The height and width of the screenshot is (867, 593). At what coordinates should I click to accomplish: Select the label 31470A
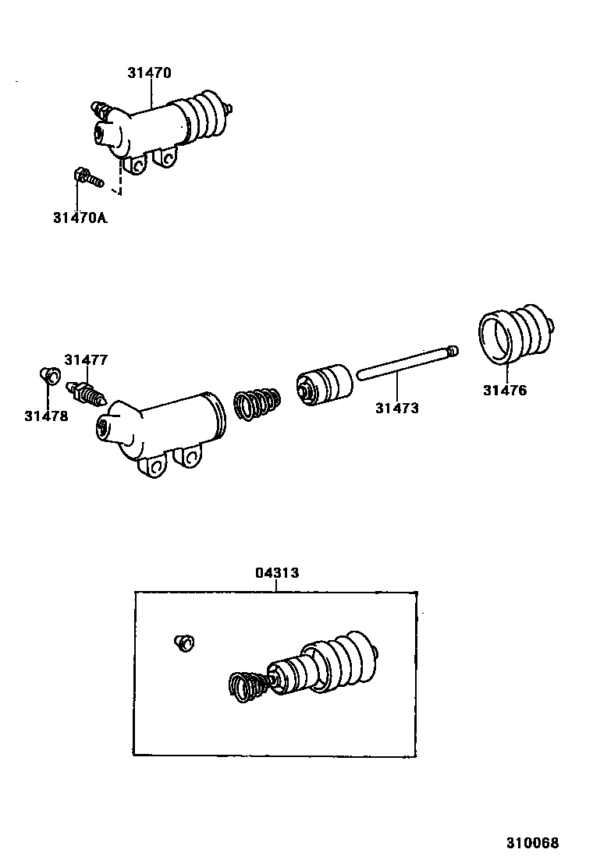(80, 218)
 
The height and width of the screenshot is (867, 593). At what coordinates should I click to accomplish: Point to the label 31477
(86, 359)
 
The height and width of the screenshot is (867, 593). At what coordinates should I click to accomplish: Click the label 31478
(46, 416)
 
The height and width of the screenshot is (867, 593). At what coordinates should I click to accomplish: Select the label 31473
(396, 407)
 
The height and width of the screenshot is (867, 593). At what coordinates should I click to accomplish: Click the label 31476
(504, 391)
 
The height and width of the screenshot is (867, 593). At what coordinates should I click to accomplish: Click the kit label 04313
(277, 572)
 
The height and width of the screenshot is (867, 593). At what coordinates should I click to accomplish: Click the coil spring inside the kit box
(248, 686)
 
